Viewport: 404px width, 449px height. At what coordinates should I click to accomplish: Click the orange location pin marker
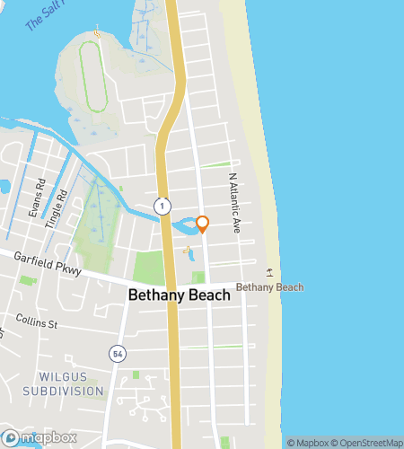tap(203, 224)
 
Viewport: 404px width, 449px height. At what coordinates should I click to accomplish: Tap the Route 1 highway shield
tap(161, 206)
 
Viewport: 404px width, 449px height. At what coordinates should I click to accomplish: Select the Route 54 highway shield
tap(117, 354)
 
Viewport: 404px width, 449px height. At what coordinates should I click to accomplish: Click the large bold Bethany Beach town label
tap(180, 295)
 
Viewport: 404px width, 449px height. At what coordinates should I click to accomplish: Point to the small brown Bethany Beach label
tap(269, 287)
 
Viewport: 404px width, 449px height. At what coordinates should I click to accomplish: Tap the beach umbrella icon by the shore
tap(269, 271)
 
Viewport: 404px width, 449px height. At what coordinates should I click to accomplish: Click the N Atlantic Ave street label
tap(234, 204)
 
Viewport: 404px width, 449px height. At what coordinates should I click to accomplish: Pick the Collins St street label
tap(36, 322)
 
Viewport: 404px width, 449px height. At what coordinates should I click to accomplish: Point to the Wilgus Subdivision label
tap(57, 383)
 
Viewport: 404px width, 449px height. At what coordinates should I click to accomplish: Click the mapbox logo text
tap(45, 437)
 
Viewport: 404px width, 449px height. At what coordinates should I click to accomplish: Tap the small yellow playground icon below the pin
tap(188, 250)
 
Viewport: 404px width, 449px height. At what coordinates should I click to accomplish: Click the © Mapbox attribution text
tap(306, 442)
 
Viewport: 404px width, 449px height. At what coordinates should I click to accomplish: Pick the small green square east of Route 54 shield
tap(136, 374)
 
